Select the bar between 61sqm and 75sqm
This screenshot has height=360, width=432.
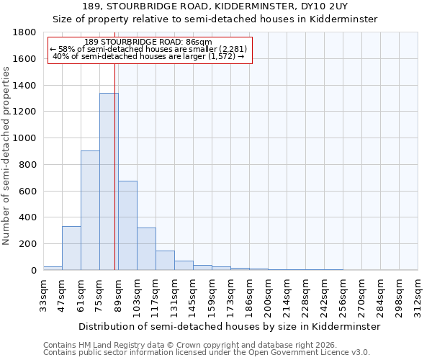pos(90,210)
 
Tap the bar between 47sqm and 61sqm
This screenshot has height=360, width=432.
pos(71,248)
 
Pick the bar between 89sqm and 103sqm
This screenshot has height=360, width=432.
pos(127,225)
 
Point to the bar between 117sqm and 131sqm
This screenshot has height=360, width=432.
pos(165,261)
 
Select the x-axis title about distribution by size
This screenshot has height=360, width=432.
pos(229,326)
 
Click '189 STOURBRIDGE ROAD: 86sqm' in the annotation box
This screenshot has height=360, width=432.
pos(148,42)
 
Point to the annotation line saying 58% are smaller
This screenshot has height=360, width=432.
pos(148,49)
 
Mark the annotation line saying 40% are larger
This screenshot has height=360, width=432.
pos(148,56)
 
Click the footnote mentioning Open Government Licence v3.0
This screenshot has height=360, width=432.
pos(207,353)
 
